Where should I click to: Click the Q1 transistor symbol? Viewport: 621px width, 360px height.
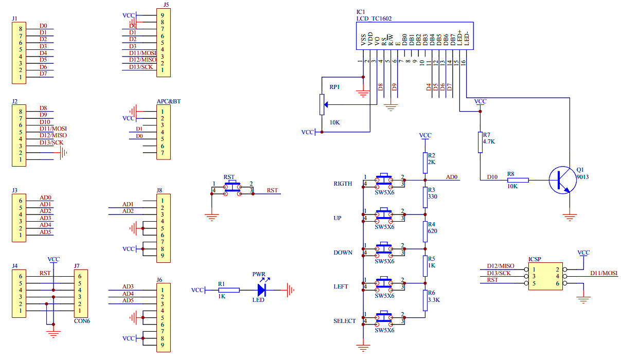point(562,180)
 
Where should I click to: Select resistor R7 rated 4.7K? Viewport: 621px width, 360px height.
point(480,142)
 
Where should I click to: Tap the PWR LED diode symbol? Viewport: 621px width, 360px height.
point(261,290)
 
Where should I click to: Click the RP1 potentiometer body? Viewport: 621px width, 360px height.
point(322,104)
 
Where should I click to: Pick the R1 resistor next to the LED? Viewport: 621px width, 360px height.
point(229,290)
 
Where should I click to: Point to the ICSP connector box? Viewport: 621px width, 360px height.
point(545,276)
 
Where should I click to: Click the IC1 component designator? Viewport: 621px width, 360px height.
point(361,12)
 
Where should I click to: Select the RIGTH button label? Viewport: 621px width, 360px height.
point(343,184)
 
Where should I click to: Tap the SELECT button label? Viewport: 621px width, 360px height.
point(344,321)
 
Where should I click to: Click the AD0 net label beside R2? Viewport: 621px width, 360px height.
point(452,177)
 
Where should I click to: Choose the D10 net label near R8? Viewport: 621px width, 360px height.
point(492,177)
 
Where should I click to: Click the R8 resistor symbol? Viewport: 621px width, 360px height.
point(518,180)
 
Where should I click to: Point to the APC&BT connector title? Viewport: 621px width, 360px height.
point(169,101)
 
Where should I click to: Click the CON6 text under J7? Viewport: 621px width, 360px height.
point(82,321)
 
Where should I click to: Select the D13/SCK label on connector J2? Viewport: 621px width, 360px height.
point(51,142)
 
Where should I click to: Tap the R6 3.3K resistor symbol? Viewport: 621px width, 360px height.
point(425,300)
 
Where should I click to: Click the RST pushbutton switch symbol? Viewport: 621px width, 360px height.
point(233,187)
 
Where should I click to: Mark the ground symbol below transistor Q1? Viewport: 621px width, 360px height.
point(570,217)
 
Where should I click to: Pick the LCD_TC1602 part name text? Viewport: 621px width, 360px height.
point(374,19)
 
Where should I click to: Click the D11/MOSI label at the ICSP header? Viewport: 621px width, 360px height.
point(604,273)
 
